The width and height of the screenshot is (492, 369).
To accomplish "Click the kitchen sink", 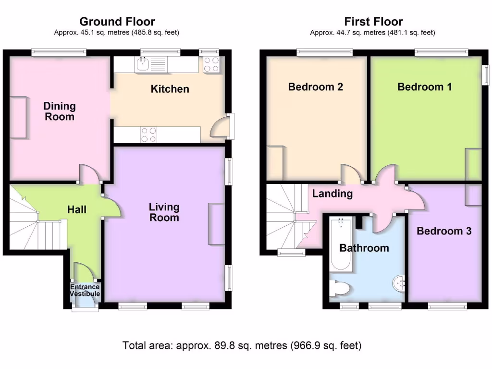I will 142,64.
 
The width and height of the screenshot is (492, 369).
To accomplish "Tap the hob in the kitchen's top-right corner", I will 211,64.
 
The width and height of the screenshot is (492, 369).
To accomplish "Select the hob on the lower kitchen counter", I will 148,135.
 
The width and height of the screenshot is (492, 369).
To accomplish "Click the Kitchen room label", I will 170,89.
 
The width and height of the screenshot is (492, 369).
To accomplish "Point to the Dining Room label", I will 60,111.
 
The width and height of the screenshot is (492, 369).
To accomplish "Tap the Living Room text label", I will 164,212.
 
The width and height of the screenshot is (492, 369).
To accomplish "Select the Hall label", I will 77,209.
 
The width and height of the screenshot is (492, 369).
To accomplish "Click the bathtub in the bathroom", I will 341,244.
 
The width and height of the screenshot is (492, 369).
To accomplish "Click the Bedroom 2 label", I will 315,87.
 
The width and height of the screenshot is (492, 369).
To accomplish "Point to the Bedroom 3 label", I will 444,231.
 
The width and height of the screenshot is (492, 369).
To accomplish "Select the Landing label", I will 332,194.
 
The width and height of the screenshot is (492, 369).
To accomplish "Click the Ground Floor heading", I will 117,22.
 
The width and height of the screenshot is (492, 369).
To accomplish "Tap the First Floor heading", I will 373,22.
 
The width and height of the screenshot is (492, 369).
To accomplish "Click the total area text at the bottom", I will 242,345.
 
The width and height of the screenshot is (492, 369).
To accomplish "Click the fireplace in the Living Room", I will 216,224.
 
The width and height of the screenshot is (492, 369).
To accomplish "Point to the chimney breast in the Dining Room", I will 18,117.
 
